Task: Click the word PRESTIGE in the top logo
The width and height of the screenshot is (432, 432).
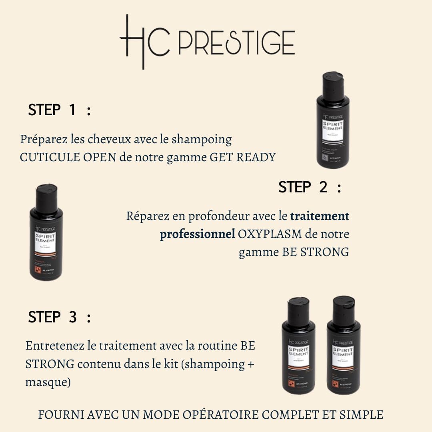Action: pos(236,42)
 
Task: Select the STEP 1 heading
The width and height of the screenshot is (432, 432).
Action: pos(59,110)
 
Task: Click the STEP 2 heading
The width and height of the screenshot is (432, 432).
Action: pos(310,187)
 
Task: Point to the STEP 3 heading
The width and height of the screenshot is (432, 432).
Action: pos(59,317)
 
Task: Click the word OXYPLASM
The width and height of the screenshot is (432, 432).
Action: pos(272,234)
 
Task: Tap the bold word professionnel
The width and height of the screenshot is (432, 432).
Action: pos(197,234)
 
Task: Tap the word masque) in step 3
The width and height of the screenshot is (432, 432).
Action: pos(48,382)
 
